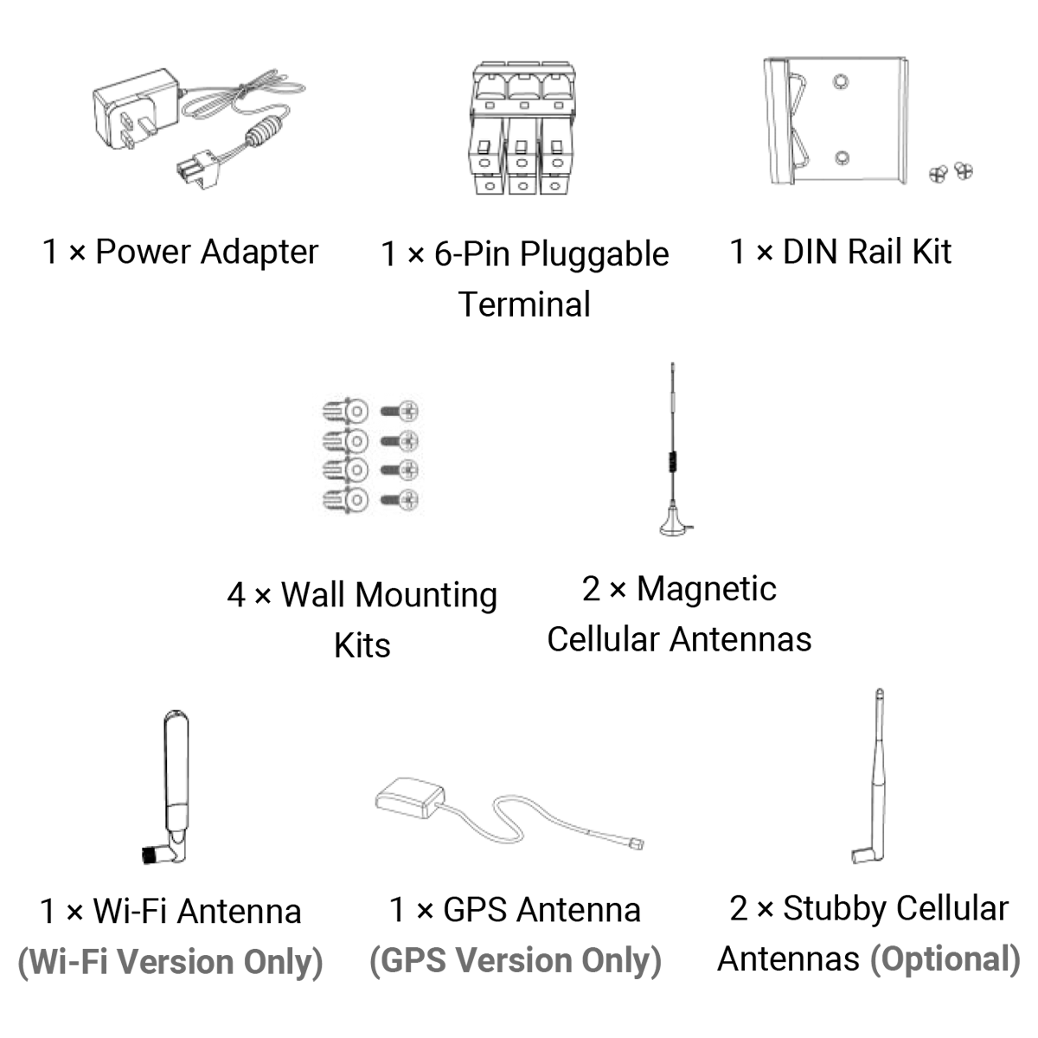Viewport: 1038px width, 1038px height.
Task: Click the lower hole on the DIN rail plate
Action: [842, 158]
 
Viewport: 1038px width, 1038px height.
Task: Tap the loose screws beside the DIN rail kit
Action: [951, 172]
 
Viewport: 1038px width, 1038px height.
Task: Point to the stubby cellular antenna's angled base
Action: [863, 855]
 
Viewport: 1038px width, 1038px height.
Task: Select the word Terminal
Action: [524, 304]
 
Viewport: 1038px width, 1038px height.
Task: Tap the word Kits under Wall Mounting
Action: [362, 645]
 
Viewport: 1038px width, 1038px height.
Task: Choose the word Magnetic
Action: [706, 589]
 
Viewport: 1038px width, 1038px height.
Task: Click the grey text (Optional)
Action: [945, 959]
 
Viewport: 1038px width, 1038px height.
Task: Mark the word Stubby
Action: [835, 909]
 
